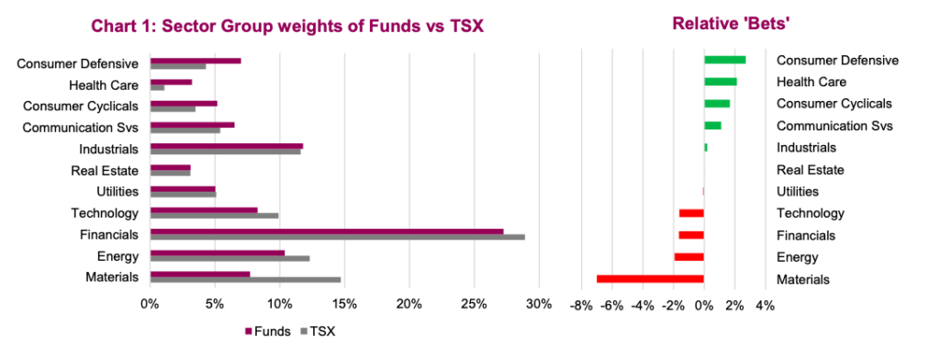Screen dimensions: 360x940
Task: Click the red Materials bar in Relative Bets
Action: pos(650,278)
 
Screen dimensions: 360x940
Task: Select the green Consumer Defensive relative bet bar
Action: pos(724,60)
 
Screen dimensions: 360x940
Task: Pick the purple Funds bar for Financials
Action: pos(326,231)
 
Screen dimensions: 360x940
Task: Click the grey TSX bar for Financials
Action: pos(337,237)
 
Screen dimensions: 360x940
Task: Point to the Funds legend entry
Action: pos(268,332)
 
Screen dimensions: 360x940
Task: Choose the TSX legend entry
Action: pos(317,332)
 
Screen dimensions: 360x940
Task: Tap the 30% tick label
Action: pos(539,304)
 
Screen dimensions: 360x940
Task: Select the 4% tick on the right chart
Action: pos(765,304)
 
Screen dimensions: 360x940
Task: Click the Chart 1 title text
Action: pos(286,27)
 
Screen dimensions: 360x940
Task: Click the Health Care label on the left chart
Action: pos(104,85)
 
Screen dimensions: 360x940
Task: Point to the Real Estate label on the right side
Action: pos(810,170)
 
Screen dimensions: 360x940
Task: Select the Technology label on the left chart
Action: pos(105,213)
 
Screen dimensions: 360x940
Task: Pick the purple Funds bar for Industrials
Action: pos(226,145)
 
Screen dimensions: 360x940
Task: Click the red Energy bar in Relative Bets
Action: pos(688,257)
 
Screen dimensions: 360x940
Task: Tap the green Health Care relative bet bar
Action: pos(720,82)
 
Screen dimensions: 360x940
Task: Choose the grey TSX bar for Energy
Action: pos(229,259)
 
